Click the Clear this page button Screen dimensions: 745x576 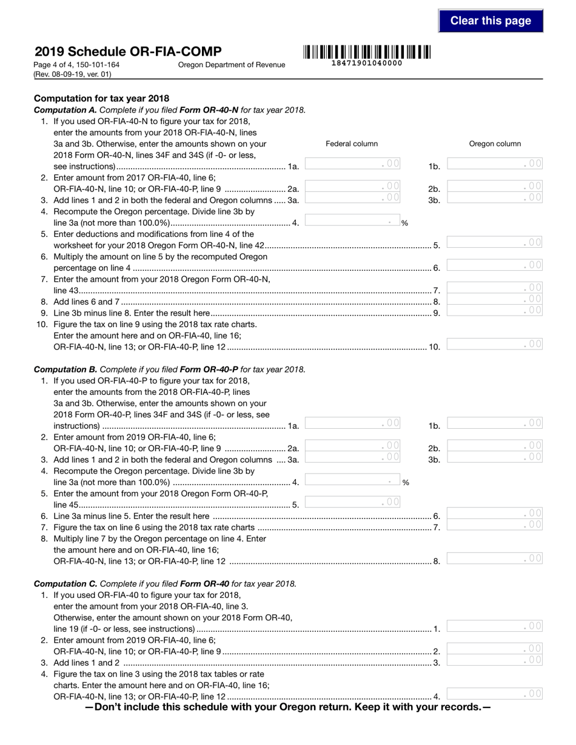pos(491,21)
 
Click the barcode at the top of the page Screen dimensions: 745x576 pos(367,52)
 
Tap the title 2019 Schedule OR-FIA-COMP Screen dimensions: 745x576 pos(128,51)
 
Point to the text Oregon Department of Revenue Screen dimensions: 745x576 pos(232,65)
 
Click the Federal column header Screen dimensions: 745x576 pos(352,144)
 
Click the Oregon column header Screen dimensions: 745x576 pos(495,144)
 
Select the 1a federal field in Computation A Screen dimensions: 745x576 pos(353,164)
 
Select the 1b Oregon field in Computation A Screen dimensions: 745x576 pos(495,164)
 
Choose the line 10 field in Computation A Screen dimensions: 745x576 pos(495,344)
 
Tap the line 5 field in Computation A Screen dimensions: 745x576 pos(495,242)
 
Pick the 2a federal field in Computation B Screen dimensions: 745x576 pos(353,446)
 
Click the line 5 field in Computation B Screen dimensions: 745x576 pos(353,502)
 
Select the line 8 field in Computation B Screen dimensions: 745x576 pos(495,558)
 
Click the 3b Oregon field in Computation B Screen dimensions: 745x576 pos(495,457)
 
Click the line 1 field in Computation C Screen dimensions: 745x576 pos(495,626)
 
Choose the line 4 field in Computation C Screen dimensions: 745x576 pos(495,694)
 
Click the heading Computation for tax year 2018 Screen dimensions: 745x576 pos(102,98)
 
